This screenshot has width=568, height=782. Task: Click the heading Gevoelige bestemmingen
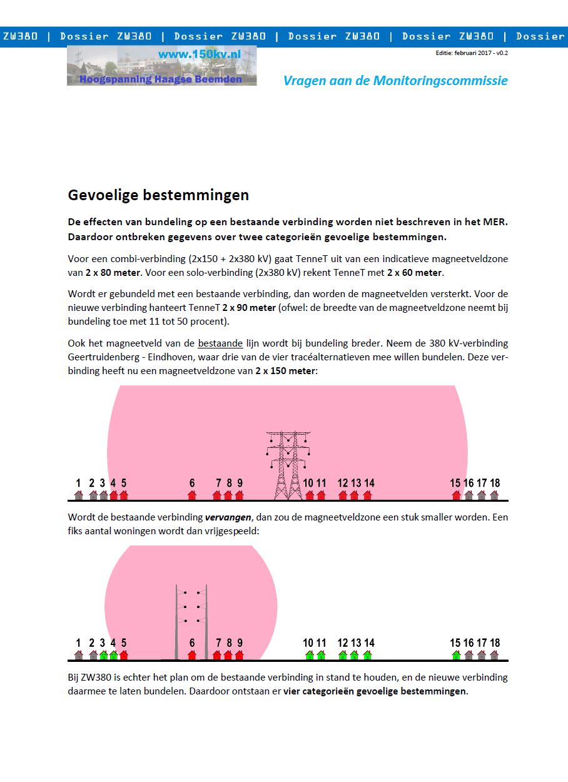(x=158, y=195)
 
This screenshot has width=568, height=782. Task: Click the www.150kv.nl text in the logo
(x=200, y=54)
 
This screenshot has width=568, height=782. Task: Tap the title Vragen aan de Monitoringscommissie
(x=395, y=81)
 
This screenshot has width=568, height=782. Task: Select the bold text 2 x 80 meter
(x=113, y=273)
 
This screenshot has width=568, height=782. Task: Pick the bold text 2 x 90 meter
(x=249, y=307)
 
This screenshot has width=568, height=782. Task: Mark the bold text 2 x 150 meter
(x=285, y=371)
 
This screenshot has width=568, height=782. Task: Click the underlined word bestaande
(x=220, y=343)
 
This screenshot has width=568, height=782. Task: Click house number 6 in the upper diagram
(x=192, y=495)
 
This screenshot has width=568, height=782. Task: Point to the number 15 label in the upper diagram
(x=455, y=483)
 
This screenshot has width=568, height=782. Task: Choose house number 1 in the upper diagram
(x=78, y=495)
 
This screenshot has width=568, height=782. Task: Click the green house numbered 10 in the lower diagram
(x=309, y=655)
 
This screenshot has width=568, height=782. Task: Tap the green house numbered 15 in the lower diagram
(x=457, y=655)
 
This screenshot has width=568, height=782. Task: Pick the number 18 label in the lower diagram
(x=495, y=643)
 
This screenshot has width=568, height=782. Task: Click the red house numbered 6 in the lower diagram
(x=192, y=655)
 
